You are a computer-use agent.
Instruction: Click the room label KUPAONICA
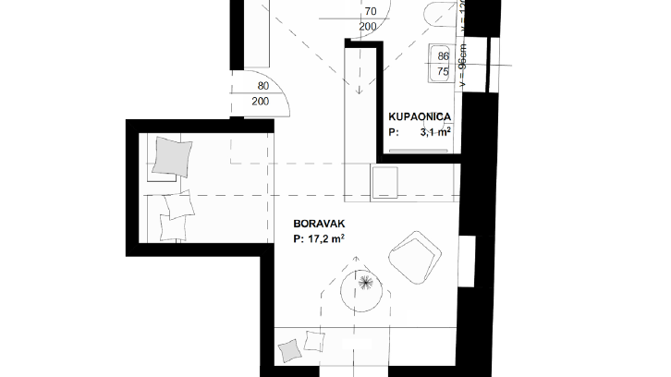point(420,116)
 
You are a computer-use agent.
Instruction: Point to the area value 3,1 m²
point(433,132)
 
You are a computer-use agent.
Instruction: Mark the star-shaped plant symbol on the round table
point(367,281)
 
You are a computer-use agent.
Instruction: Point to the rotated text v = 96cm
point(462,65)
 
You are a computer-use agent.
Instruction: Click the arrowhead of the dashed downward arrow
point(357,93)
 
